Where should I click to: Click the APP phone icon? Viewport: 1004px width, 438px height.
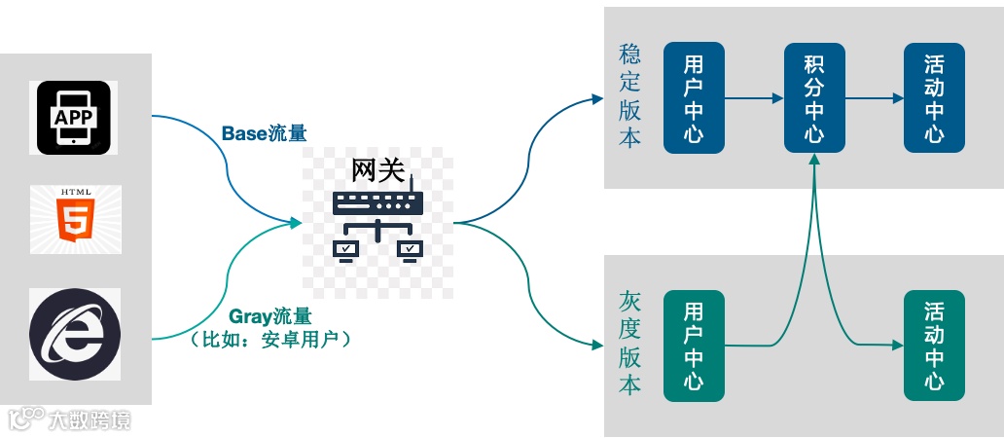(x=76, y=118)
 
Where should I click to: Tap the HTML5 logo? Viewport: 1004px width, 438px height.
(x=75, y=219)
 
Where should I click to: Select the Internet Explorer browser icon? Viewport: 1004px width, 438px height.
(x=76, y=334)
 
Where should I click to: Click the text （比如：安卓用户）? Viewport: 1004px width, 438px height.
(x=271, y=341)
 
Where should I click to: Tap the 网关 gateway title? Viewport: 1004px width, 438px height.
(x=377, y=169)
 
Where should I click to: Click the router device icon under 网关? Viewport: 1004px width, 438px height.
(x=377, y=203)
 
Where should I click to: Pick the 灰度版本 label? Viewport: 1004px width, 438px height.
(x=629, y=344)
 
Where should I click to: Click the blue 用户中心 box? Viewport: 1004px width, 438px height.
(x=694, y=97)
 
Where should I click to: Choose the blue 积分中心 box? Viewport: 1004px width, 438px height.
(x=814, y=97)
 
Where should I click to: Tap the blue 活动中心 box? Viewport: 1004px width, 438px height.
(x=934, y=97)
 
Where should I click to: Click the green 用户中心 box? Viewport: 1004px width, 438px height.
(x=694, y=345)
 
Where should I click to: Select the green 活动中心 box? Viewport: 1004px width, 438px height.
(x=934, y=345)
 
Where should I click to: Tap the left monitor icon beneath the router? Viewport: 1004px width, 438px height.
(x=345, y=250)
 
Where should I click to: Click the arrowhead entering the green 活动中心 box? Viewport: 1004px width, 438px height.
(x=896, y=345)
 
